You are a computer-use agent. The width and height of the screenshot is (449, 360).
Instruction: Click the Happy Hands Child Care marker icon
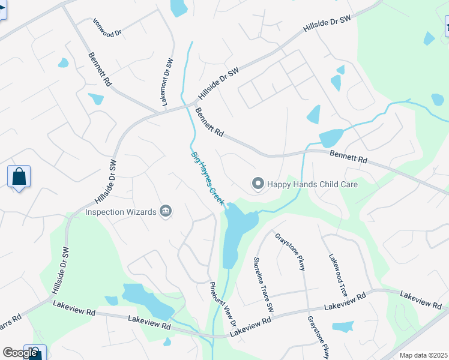coord(258,184)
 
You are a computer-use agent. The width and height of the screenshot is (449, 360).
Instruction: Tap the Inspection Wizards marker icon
coord(166,211)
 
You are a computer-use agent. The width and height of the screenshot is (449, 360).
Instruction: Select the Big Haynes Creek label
coord(207,179)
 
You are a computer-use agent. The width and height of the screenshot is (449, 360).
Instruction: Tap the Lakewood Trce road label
coord(337,275)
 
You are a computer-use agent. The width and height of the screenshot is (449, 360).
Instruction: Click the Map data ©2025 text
coord(424,355)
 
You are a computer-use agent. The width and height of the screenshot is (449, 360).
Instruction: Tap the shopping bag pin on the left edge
coord(19,177)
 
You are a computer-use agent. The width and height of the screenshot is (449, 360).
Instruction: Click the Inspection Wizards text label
coord(121,212)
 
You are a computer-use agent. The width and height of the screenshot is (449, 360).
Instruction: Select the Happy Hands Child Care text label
coord(312,184)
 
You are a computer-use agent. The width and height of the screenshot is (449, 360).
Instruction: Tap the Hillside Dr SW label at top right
coord(327,28)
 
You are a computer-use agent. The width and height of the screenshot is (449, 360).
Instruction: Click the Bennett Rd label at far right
coord(348,157)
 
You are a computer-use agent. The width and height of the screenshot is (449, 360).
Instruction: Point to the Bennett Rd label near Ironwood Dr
coord(100,70)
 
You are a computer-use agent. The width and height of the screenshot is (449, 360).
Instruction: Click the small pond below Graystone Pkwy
coord(342,326)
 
